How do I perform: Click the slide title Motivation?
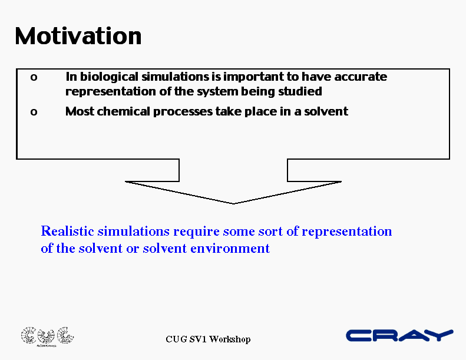tap(78, 37)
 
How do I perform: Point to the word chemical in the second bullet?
tap(123, 111)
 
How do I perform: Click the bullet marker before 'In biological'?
tap(34, 78)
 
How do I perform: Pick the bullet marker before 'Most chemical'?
tap(34, 112)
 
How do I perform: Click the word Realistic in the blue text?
tap(68, 231)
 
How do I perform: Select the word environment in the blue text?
tap(230, 248)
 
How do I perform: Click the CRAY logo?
tap(399, 335)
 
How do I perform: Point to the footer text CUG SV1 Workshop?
tap(208, 339)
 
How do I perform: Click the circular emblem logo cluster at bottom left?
tap(47, 336)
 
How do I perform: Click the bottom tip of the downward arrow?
tap(234, 204)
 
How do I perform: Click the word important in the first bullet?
tap(253, 77)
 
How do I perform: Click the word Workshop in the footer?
tap(230, 339)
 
